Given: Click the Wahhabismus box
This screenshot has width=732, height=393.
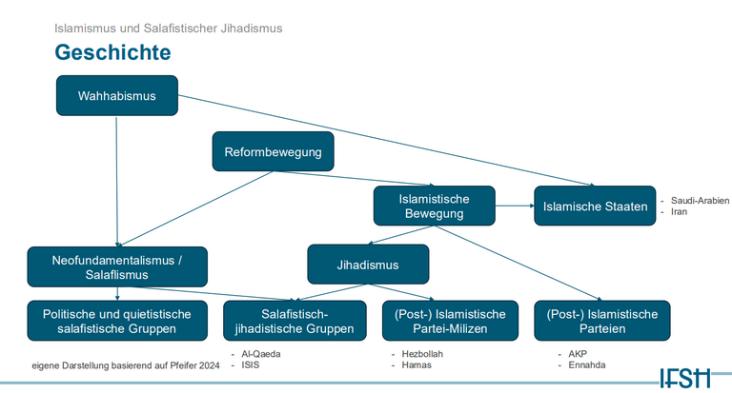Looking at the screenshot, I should pos(116,95).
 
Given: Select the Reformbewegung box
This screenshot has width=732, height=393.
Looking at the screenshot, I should pos(273,151).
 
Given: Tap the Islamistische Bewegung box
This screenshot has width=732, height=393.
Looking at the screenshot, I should pos(434,206).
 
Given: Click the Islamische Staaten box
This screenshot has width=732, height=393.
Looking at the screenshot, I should pos(595,206).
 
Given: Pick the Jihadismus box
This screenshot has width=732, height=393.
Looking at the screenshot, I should pos(368,265).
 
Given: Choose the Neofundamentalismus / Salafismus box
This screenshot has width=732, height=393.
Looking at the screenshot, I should pos(116,265).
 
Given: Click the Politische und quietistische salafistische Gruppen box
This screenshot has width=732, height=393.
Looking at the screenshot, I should pos(116,321).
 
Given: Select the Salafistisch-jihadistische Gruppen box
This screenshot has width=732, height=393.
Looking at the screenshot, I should pos(295,321).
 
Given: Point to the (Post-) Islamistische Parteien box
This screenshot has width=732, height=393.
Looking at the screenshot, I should pos(602,321).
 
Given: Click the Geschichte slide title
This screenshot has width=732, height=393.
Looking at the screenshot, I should pos(112,51).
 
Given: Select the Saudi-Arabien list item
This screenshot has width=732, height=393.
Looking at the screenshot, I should pos(700,201).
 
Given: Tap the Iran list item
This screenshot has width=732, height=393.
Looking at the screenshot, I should pos(679,211).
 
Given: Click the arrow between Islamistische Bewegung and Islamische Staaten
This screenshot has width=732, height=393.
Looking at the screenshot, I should pos(515,206).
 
